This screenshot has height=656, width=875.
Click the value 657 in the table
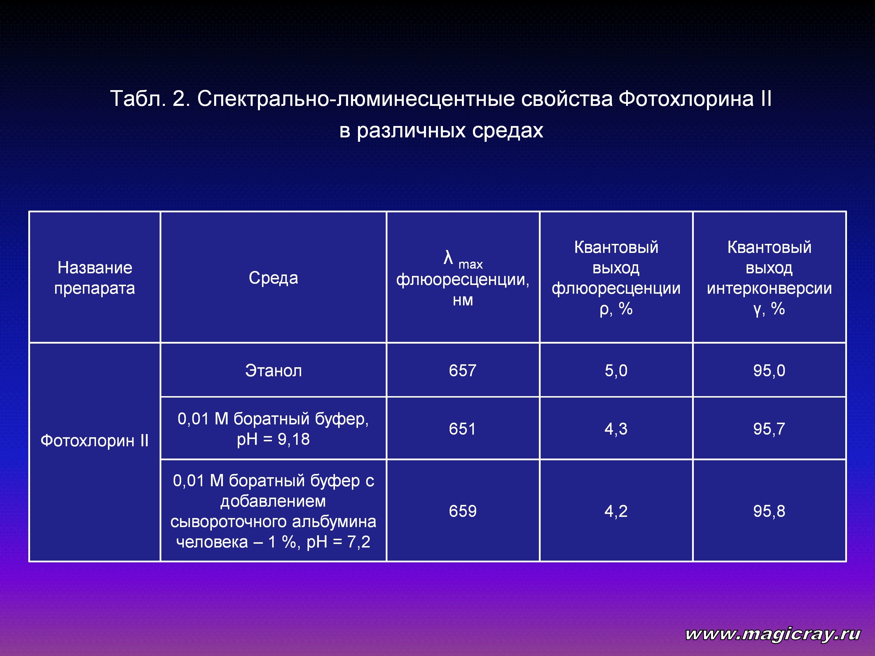pos(462,370)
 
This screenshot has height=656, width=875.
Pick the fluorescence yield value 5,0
pos(616,370)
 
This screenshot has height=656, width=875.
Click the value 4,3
pos(616,429)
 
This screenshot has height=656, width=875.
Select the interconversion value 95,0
pos(769,370)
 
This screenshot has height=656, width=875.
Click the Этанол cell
pos(273,370)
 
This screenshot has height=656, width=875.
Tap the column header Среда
pos(273,278)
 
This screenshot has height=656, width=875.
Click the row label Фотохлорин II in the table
pos(95,440)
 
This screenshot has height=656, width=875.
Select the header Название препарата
pos(95,278)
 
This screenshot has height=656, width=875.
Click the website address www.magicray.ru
pos(773,634)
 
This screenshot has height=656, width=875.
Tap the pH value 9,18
pos(294,439)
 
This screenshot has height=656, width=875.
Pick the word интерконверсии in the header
pos(769,288)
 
